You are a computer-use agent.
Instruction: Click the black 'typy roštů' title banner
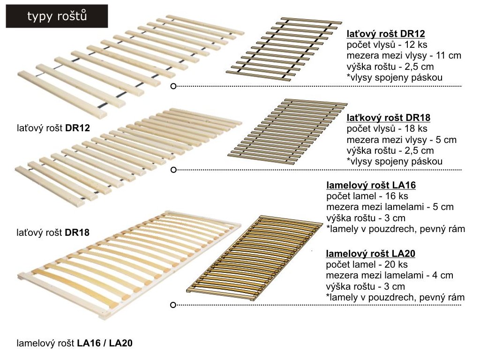56,16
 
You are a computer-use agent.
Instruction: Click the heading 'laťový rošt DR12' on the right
386,34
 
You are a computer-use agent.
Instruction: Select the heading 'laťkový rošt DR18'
388,118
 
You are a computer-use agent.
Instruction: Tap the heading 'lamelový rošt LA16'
371,186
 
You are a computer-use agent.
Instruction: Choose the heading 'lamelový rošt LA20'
371,254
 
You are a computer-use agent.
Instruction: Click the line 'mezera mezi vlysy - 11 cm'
404,55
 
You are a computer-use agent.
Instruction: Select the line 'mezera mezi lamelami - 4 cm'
390,276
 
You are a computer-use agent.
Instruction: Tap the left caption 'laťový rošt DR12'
53,127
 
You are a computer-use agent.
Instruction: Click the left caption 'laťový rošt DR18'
53,232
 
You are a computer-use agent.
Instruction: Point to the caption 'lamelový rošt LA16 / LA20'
75,343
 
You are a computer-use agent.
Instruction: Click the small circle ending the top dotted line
173,86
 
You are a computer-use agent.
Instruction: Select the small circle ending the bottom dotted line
173,305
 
